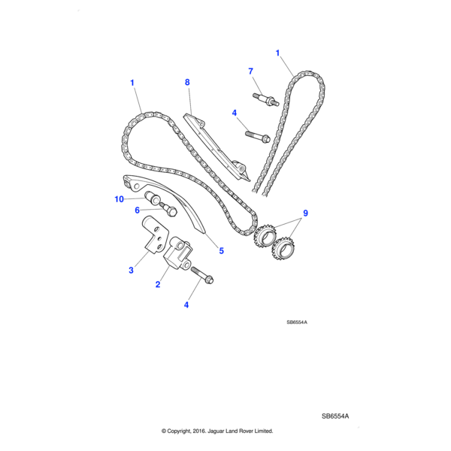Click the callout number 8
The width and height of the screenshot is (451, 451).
(187, 82)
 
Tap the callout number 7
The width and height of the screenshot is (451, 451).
(251, 71)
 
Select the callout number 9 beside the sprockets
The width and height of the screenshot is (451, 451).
(305, 213)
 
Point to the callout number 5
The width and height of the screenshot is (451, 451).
(221, 251)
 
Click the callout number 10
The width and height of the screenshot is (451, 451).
(119, 199)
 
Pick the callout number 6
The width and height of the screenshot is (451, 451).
(138, 210)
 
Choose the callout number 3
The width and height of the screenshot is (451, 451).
(131, 270)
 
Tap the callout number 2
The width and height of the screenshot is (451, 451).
(158, 285)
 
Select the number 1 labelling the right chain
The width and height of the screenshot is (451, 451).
(277, 53)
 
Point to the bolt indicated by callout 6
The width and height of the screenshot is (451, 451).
(167, 212)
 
